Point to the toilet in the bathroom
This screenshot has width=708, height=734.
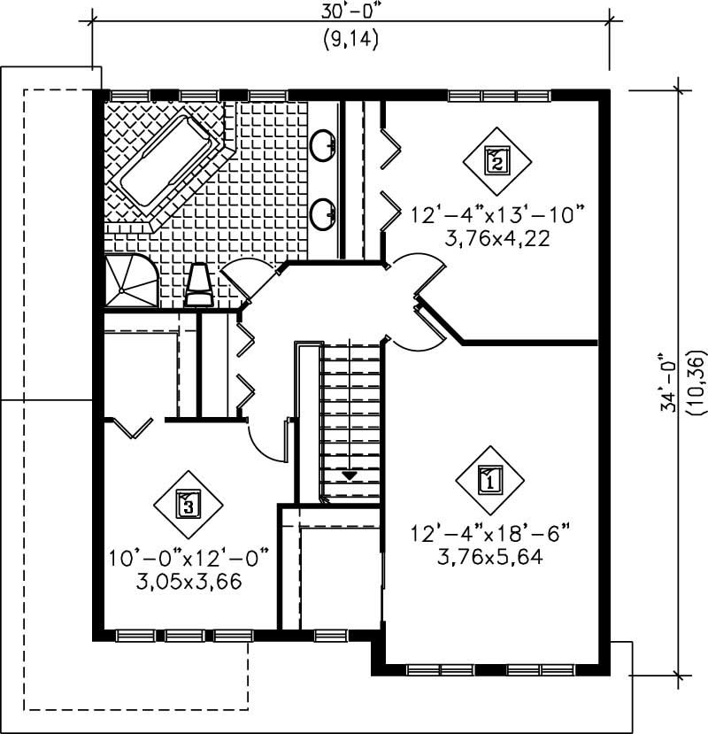coord(199,286)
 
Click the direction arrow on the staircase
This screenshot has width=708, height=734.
coord(350,475)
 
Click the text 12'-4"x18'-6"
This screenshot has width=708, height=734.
coord(489,534)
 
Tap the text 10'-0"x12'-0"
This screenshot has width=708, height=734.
coord(189,559)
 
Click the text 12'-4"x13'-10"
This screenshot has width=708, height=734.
coord(497,215)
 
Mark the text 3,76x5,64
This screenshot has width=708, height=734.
coord(489,557)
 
